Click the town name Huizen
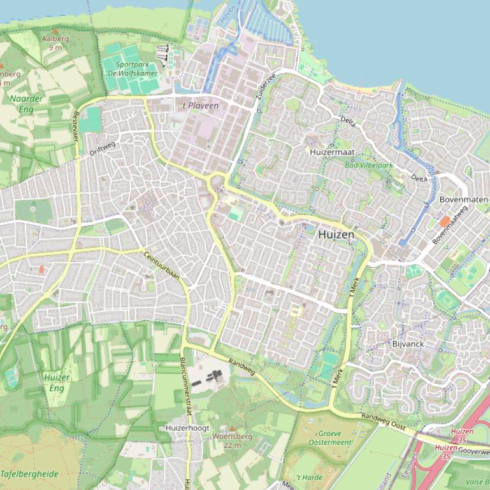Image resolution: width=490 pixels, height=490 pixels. click(x=336, y=235)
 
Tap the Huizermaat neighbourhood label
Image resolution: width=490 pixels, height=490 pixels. click(x=332, y=153)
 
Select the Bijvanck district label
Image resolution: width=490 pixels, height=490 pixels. click(x=408, y=344)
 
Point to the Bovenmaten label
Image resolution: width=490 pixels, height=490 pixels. click(x=464, y=200)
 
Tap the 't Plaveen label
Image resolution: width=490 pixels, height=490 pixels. click(x=200, y=106)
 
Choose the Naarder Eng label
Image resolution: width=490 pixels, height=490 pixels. click(x=27, y=104)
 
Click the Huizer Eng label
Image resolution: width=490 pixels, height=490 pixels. click(x=57, y=382)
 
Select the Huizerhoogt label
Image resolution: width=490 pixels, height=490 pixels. click(x=187, y=428)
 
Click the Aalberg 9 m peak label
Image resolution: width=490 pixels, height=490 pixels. click(x=55, y=42)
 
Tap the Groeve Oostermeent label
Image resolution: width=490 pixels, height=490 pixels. click(x=330, y=438)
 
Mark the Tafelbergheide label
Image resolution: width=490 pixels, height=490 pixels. click(x=29, y=474)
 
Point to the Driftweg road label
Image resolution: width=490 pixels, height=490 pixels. click(x=103, y=149)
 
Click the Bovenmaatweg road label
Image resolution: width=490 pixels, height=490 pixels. click(x=449, y=225)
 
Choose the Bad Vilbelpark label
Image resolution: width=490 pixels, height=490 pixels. click(x=368, y=166)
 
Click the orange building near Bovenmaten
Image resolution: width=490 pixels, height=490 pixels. click(x=445, y=221)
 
